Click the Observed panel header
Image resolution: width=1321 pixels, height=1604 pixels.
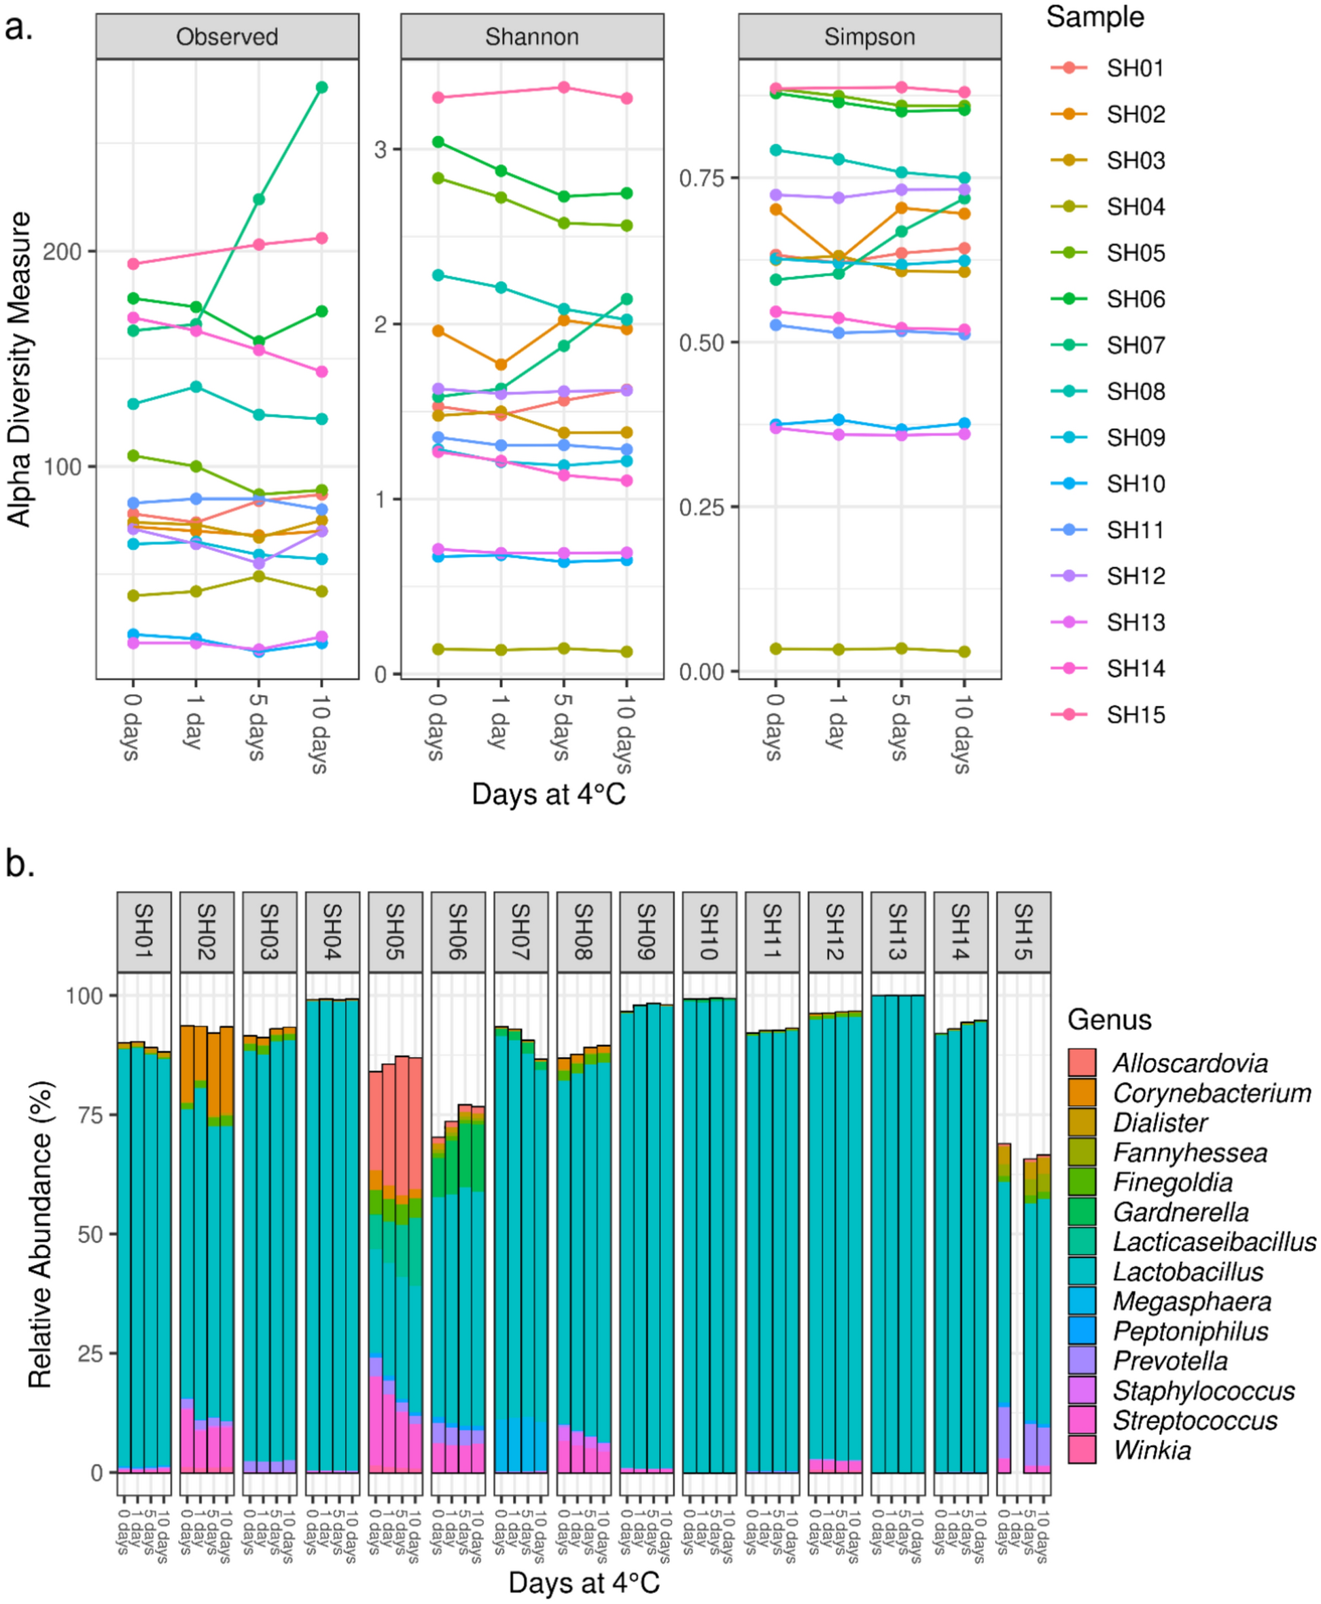point(227,37)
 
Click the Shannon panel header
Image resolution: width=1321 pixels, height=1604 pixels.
point(532,37)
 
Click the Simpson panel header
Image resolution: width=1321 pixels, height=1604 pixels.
point(869,37)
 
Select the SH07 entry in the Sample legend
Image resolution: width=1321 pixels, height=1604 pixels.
point(1135,345)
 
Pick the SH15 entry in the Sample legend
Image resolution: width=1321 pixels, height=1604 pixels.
point(1135,715)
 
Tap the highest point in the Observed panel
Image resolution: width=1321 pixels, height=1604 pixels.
point(322,88)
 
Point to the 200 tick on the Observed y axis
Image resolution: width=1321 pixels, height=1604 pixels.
point(63,252)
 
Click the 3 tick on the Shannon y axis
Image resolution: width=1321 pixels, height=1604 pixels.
point(381,149)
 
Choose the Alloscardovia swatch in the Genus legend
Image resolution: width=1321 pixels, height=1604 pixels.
point(1081,1063)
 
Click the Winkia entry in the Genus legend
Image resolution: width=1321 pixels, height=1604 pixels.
point(1151,1450)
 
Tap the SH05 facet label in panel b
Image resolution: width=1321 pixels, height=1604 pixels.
point(395,931)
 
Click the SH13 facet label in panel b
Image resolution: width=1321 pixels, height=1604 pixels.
point(898,931)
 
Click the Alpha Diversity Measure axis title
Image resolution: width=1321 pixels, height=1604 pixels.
point(19,369)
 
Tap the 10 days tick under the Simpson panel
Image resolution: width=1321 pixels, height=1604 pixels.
point(963,734)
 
